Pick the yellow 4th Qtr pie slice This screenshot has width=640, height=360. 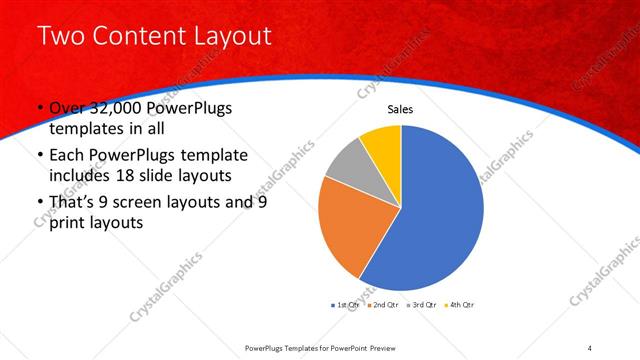point(383,143)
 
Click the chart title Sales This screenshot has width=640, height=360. point(400,109)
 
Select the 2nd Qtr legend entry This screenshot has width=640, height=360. point(382,303)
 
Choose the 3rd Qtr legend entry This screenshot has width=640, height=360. point(421,303)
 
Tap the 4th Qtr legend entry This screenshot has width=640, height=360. point(460,303)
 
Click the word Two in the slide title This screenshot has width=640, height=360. point(60,37)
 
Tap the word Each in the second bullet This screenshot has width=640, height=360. point(68,156)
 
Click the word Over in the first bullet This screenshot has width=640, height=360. point(69,109)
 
